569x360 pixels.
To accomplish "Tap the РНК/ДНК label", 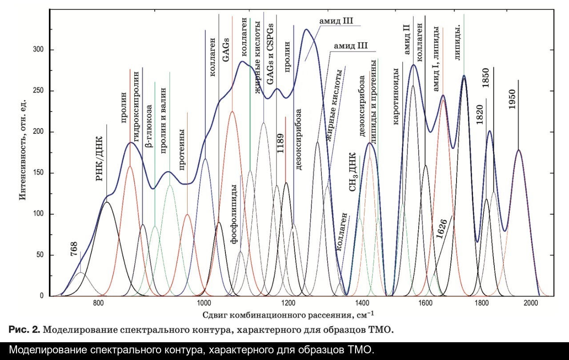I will [100, 153].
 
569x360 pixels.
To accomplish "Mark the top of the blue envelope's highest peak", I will [306, 29].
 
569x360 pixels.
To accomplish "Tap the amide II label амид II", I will [406, 40].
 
